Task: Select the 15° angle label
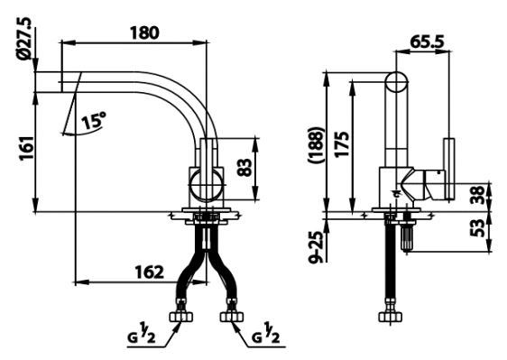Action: click(93, 118)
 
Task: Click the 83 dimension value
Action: click(244, 167)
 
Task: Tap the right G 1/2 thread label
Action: click(266, 337)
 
